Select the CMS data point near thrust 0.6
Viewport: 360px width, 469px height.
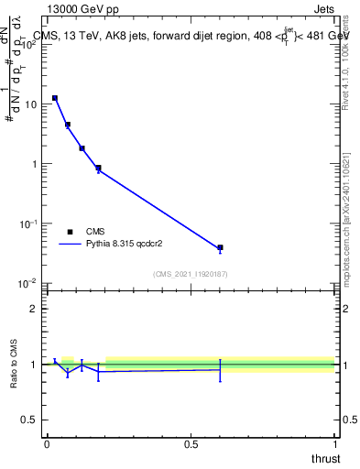click(220, 247)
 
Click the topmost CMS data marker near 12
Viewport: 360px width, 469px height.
click(55, 98)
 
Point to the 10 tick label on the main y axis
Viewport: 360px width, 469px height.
click(32, 104)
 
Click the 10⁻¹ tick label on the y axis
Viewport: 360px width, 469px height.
click(30, 224)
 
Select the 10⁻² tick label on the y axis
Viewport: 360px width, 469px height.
click(30, 284)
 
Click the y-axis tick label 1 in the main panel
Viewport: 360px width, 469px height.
click(36, 165)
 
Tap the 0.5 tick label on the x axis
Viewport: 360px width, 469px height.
click(191, 444)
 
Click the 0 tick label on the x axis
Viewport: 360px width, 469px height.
click(46, 444)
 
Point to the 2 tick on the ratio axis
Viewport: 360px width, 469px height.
click(36, 309)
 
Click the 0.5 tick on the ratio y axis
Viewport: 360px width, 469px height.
click(32, 420)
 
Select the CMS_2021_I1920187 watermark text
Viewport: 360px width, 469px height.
click(190, 274)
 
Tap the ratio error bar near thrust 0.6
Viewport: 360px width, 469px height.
click(220, 370)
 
